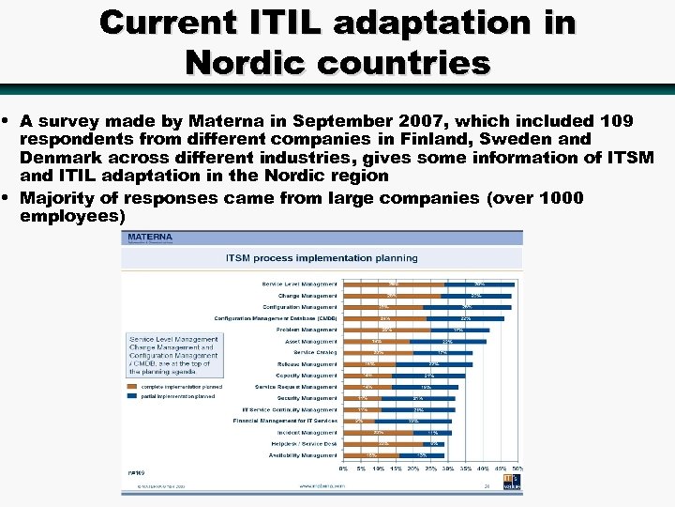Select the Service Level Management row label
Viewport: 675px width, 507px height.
click(x=299, y=284)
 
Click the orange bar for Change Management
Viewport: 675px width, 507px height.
click(x=392, y=296)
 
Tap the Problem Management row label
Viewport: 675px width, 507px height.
click(x=307, y=330)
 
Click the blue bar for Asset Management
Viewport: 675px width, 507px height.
click(x=447, y=341)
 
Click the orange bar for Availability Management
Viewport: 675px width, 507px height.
click(x=371, y=455)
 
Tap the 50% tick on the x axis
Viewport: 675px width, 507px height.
click(x=517, y=468)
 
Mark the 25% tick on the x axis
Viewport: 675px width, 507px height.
click(x=430, y=468)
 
